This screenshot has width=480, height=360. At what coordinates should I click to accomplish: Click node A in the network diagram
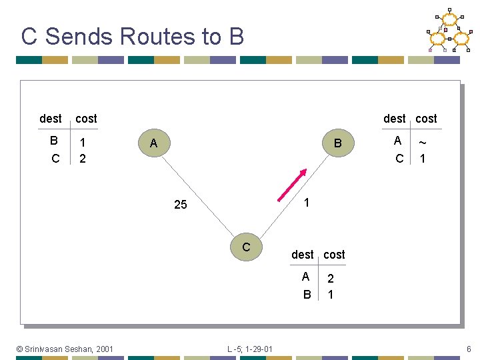tap(153, 144)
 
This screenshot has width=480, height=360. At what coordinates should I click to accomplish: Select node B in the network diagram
tap(337, 144)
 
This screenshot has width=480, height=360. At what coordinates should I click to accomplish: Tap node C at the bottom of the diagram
tap(246, 247)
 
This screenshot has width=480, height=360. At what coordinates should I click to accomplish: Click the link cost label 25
tap(181, 205)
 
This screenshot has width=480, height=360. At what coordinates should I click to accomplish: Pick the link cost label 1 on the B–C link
tap(306, 201)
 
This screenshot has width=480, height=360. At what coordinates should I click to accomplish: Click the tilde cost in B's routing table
tap(423, 142)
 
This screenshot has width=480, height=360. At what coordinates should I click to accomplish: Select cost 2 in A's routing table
tap(82, 159)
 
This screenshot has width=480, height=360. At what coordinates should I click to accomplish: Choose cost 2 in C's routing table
tap(331, 279)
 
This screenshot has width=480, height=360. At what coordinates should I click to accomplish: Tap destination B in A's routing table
tap(54, 141)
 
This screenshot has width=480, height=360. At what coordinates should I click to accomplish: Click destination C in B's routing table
tap(399, 159)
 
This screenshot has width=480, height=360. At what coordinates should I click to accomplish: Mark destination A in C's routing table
tap(305, 277)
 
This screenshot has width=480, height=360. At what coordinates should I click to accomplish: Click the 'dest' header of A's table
tap(51, 119)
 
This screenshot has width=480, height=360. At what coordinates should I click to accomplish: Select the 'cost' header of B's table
tap(426, 119)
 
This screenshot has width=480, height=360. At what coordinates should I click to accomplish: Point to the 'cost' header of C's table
tap(334, 255)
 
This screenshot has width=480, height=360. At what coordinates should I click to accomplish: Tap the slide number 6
tap(469, 349)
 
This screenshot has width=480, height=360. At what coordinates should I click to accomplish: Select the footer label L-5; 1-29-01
tap(249, 349)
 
